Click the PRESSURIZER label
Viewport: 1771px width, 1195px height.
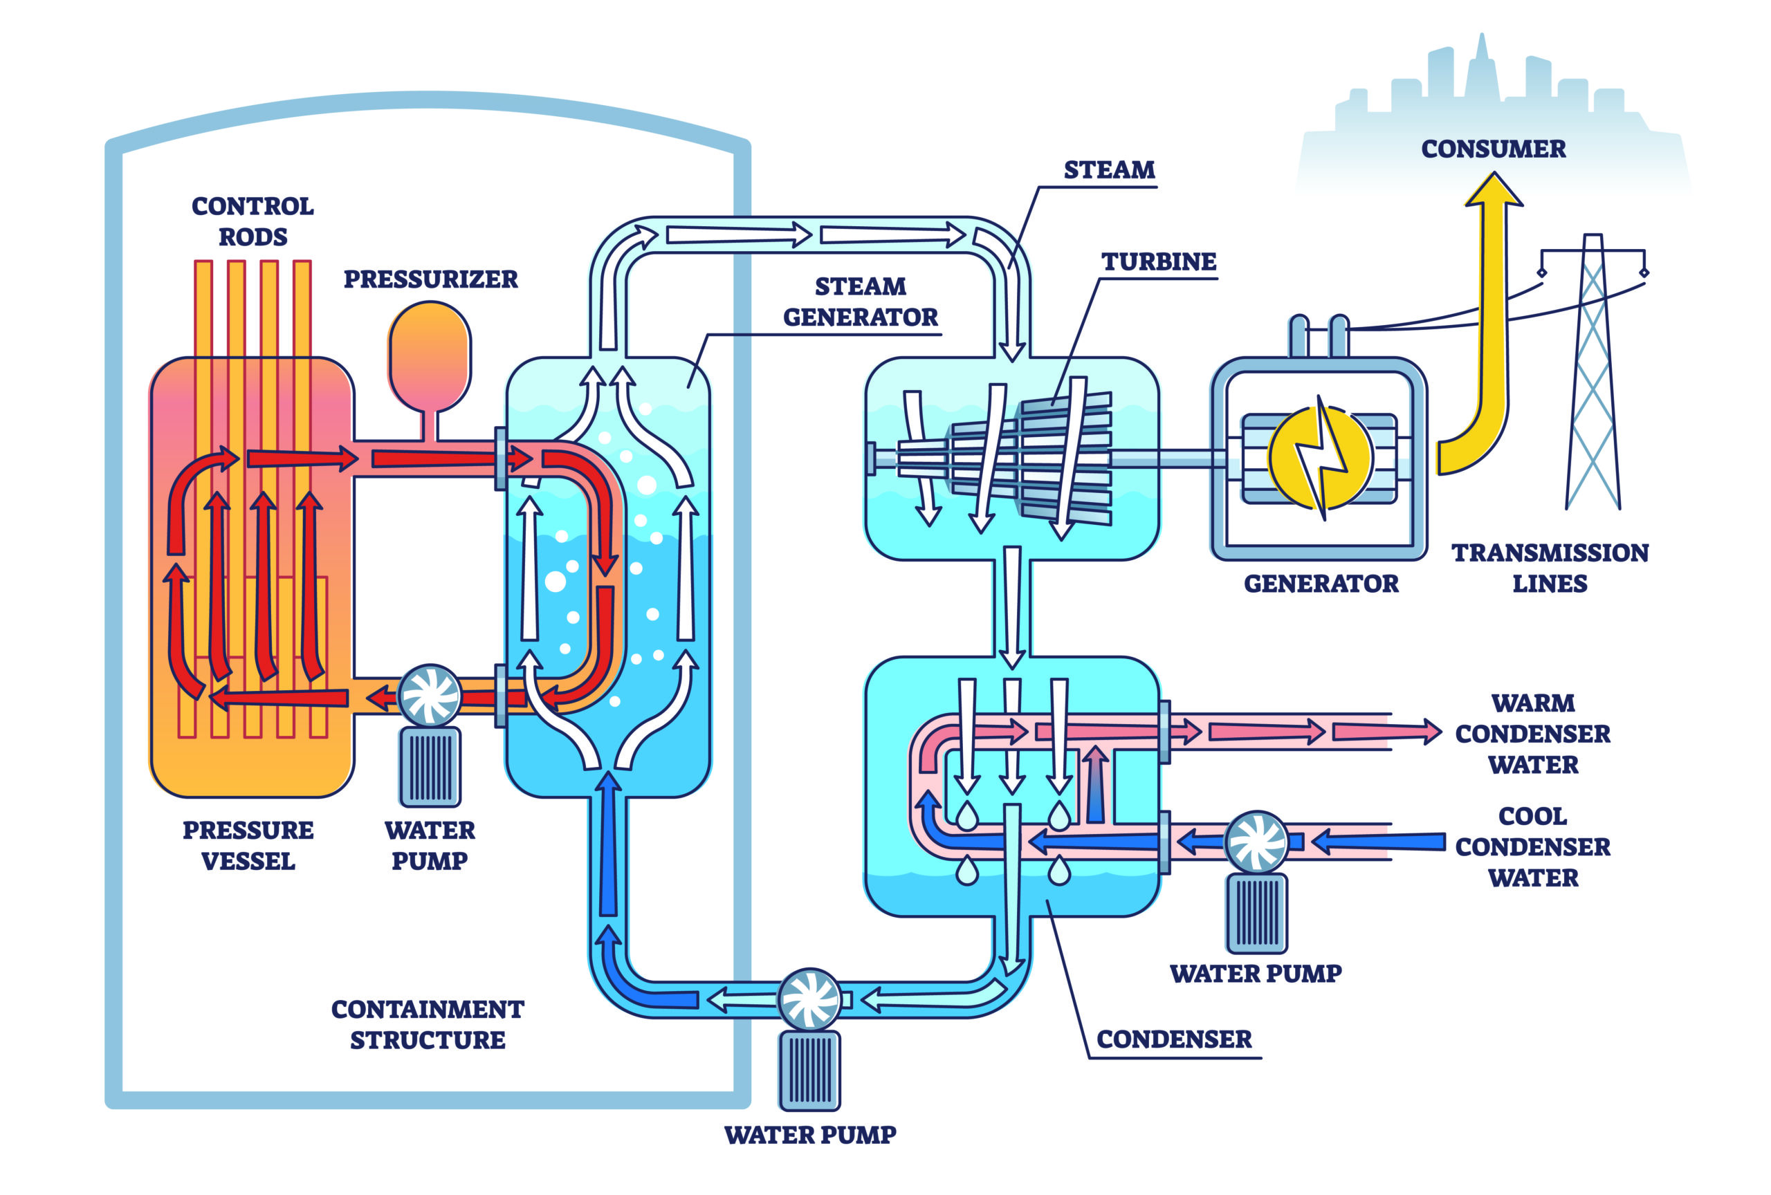(x=430, y=279)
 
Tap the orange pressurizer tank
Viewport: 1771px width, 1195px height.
(x=430, y=354)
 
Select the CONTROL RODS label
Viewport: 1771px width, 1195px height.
(x=253, y=221)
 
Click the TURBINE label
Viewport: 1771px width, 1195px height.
(x=1158, y=262)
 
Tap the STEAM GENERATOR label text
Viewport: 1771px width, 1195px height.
(x=861, y=302)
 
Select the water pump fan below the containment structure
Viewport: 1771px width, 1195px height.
(x=809, y=999)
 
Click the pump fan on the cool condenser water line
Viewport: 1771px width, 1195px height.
(x=1256, y=842)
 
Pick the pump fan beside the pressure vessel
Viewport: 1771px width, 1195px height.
(x=430, y=696)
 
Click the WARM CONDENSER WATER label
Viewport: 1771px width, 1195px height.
(x=1532, y=734)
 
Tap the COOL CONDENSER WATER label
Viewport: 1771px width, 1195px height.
(x=1532, y=846)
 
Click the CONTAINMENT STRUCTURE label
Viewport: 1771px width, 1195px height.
(x=428, y=1024)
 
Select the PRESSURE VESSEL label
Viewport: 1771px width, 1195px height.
(x=248, y=845)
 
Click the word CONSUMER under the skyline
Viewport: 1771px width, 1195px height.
(x=1493, y=149)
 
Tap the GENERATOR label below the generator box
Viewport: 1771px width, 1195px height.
(x=1321, y=584)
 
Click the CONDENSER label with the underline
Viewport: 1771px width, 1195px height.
(x=1173, y=1039)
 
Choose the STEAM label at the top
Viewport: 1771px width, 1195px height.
(x=1109, y=170)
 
